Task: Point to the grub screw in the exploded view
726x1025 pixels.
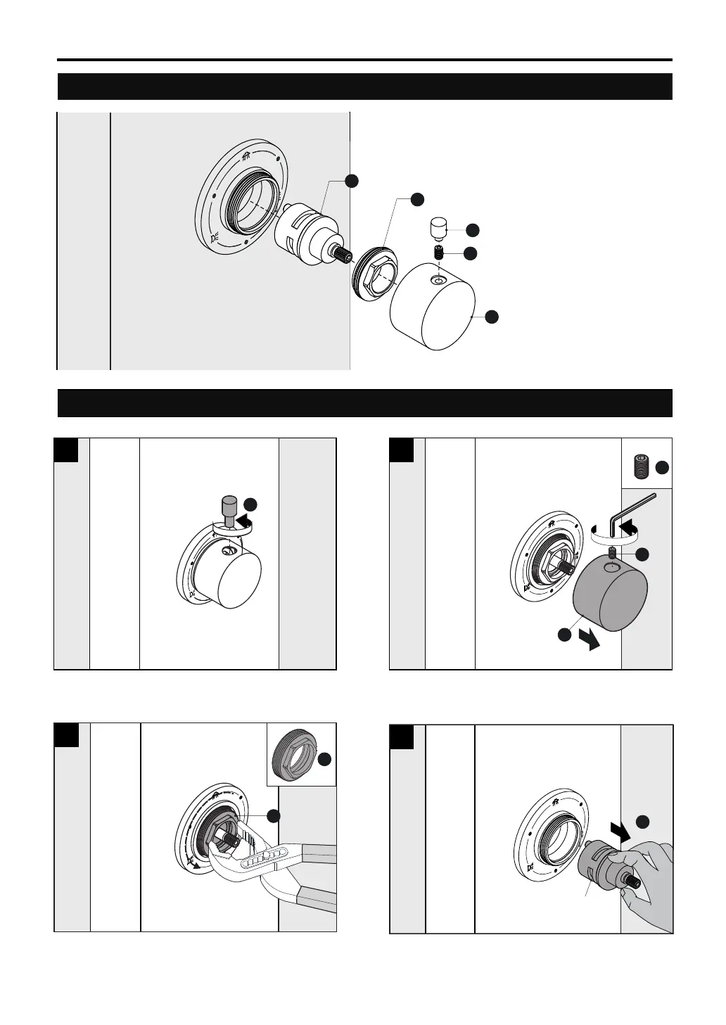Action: pos(438,253)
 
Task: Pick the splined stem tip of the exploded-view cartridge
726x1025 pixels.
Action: pos(345,254)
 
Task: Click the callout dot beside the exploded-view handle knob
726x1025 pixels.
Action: pos(492,317)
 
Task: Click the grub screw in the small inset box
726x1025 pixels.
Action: pos(639,466)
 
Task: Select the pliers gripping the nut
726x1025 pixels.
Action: pos(281,865)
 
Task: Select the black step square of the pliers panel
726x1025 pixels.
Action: pos(66,735)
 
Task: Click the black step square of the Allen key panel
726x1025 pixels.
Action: pos(402,450)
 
